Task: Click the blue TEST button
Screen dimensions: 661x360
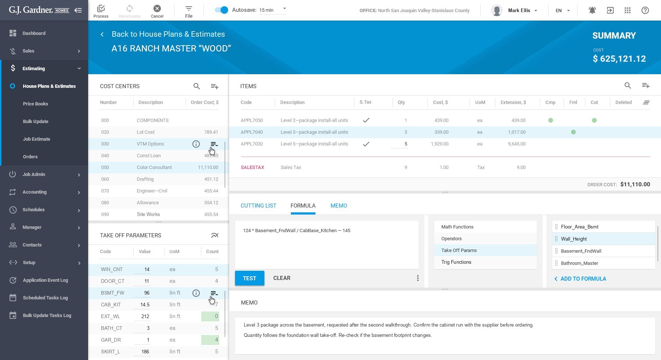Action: coord(249,278)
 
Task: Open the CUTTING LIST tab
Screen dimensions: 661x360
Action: coord(258,206)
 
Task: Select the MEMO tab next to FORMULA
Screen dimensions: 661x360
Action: coord(339,206)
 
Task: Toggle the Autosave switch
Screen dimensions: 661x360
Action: coord(221,10)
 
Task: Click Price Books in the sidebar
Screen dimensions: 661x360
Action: coord(35,104)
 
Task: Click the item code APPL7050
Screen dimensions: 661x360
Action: coord(252,120)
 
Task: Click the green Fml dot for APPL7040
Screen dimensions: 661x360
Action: coord(573,132)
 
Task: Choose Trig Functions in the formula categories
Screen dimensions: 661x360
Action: coord(456,262)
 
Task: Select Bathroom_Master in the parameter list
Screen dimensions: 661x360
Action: coord(579,263)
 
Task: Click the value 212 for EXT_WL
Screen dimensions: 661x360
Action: coord(145,316)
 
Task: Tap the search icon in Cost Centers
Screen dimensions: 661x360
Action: coord(197,86)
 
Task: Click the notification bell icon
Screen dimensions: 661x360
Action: coord(592,10)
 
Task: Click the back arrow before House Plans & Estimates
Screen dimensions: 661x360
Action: coord(102,35)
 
